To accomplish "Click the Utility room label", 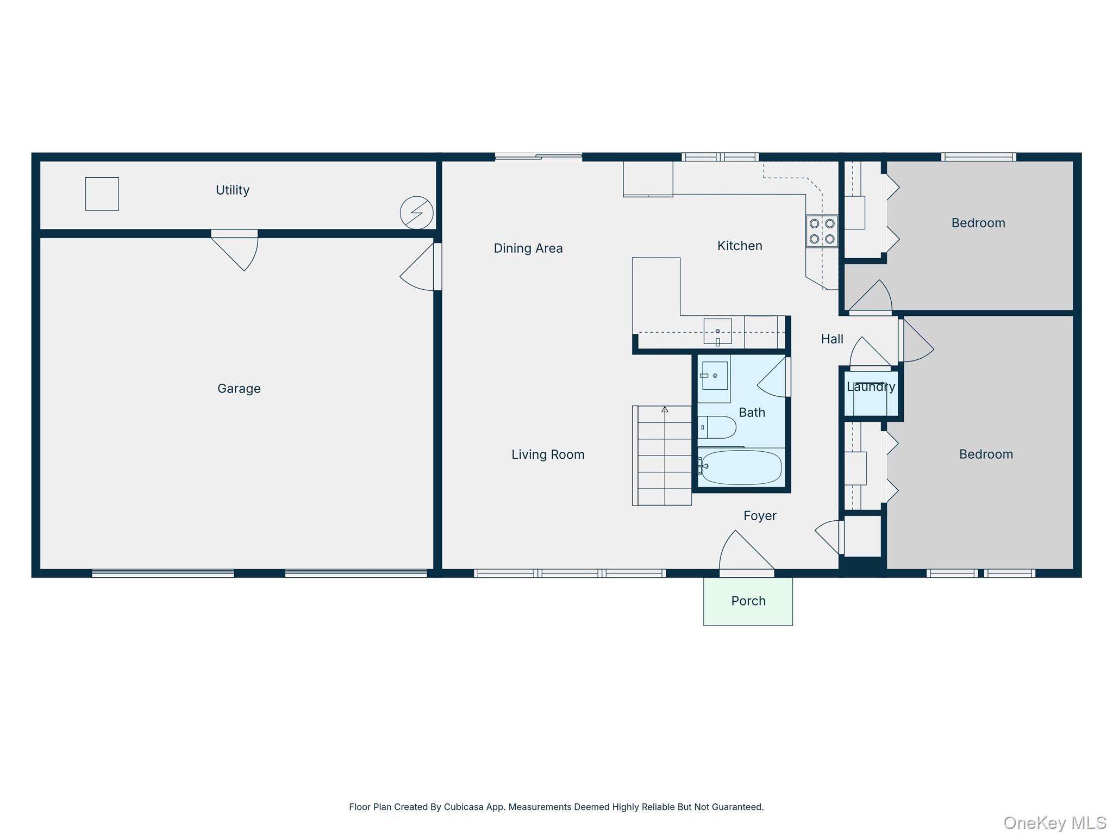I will pos(232,190).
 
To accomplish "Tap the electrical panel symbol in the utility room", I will pos(416,213).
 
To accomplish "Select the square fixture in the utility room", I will pos(102,194).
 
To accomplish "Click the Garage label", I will pos(239,389).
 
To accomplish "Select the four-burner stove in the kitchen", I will pos(822,232).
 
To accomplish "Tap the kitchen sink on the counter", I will pos(717,332).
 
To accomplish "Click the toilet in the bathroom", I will pos(717,427).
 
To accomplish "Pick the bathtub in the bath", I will pos(741,468).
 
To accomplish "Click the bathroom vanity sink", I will pos(714,376).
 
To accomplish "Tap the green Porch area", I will pos(748,601).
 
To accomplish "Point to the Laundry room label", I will pos(871,387).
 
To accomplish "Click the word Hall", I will pos(831,339).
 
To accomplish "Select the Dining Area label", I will pos(528,248).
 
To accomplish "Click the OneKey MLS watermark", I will pos(1054,822).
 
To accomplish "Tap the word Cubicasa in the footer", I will pos(463,807).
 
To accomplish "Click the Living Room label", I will pos(547,454).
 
